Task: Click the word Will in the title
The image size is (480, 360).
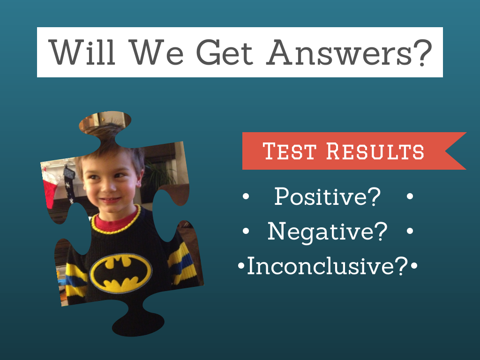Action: pos(82,52)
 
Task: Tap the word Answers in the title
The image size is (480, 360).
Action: pos(339,52)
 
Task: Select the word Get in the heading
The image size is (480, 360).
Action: pos(225,52)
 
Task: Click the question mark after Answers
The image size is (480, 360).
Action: pos(423,52)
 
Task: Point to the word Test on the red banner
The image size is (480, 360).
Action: pos(289,151)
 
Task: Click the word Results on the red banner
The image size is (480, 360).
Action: pos(375,151)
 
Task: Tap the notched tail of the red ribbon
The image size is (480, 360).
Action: pos(455,151)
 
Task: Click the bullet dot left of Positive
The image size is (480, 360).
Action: pos(246,196)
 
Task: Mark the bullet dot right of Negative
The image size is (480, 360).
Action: pos(410,231)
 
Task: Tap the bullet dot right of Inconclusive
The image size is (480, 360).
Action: pos(414,265)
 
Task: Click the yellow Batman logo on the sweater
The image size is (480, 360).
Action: pos(120,273)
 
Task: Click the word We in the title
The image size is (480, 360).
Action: pos(156,52)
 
